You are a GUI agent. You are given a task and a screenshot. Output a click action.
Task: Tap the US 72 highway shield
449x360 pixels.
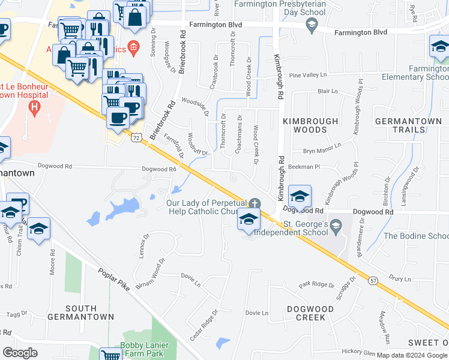point(137,138)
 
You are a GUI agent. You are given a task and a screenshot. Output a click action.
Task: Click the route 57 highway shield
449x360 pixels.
point(373,280)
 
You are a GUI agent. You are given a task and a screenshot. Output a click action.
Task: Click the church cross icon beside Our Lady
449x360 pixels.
point(255,203)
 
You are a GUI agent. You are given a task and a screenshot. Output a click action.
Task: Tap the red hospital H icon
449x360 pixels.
point(34,108)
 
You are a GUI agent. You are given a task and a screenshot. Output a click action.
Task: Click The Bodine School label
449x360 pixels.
point(415,235)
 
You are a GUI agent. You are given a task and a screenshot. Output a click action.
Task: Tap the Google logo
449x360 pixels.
point(20,353)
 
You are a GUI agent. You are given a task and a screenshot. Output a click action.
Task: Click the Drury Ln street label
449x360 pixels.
point(399,279)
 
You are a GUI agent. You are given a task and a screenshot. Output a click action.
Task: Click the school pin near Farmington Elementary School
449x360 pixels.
point(439,48)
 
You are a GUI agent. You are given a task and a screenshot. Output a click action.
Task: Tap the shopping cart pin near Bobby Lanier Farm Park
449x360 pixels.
point(111,355)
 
